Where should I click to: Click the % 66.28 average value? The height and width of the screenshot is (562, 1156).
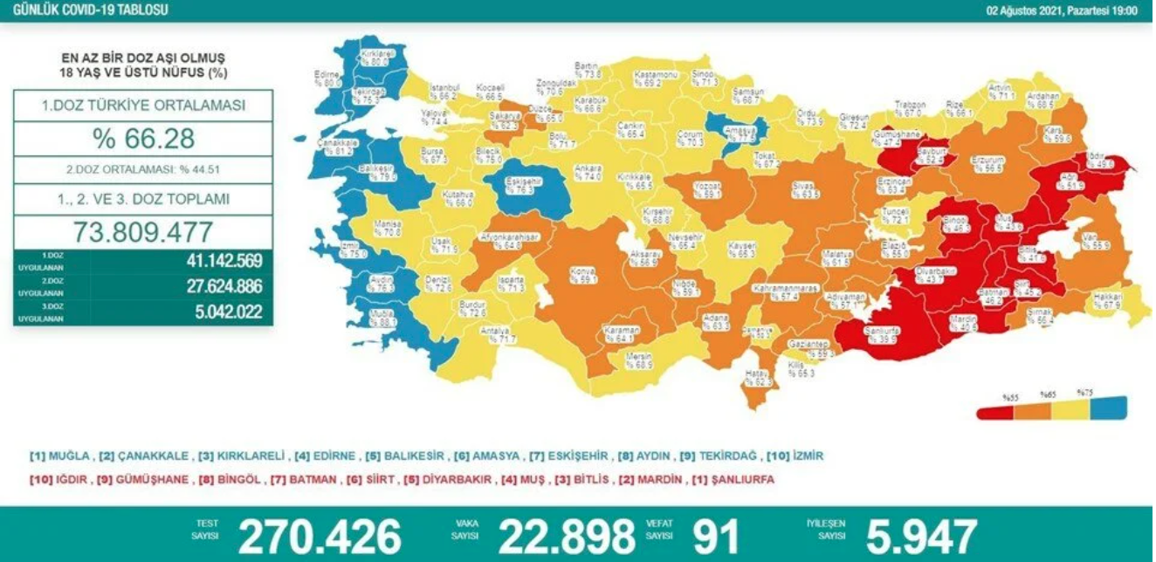tap(142, 139)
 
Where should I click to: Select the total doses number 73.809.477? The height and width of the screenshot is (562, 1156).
tap(142, 233)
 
